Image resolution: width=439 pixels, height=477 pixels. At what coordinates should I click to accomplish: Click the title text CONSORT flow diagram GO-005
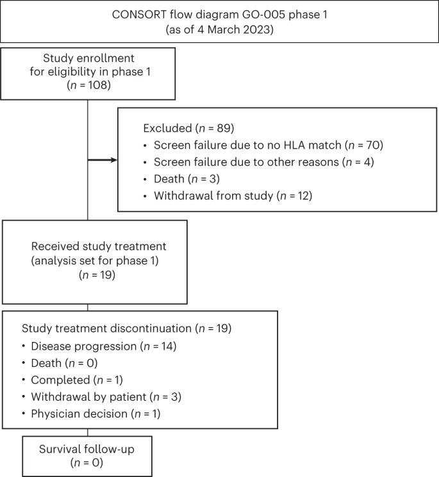220,13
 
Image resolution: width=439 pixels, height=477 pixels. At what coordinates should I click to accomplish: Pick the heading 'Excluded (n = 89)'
184,127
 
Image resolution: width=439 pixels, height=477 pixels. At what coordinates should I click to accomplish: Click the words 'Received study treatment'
90,247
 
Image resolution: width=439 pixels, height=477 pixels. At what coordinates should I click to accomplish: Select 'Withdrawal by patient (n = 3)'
106,397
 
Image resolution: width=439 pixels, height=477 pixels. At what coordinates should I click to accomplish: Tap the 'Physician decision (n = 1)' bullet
95,414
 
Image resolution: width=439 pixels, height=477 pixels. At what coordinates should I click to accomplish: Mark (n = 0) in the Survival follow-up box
87,462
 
